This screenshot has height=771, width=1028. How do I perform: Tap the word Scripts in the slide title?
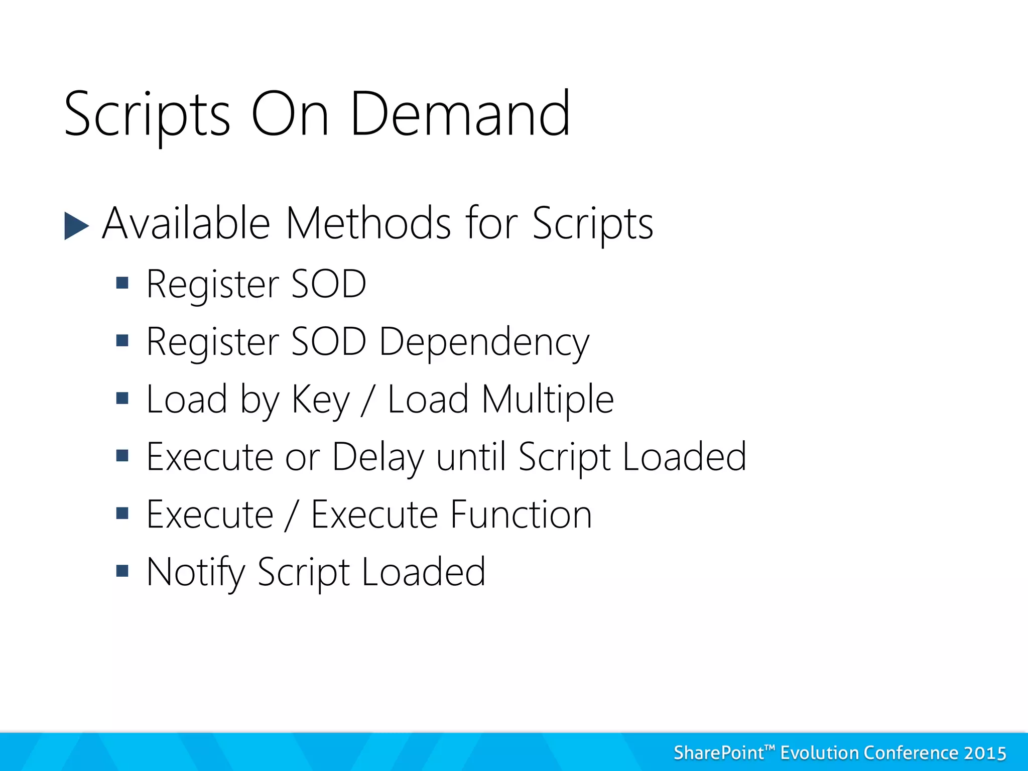pos(147,115)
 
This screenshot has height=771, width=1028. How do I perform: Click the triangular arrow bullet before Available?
pos(76,226)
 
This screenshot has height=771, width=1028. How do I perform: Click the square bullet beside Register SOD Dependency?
pos(122,341)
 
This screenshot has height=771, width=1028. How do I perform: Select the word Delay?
pos(378,458)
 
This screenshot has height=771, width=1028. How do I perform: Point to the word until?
pos(471,457)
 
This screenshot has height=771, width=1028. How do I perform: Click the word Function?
pos(521,515)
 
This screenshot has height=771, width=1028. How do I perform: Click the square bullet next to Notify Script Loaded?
pos(122,571)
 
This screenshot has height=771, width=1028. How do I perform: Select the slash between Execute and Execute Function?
pos(292,516)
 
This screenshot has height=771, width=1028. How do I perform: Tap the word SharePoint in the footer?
pos(718,753)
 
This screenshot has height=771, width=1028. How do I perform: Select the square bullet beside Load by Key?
pos(122,399)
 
